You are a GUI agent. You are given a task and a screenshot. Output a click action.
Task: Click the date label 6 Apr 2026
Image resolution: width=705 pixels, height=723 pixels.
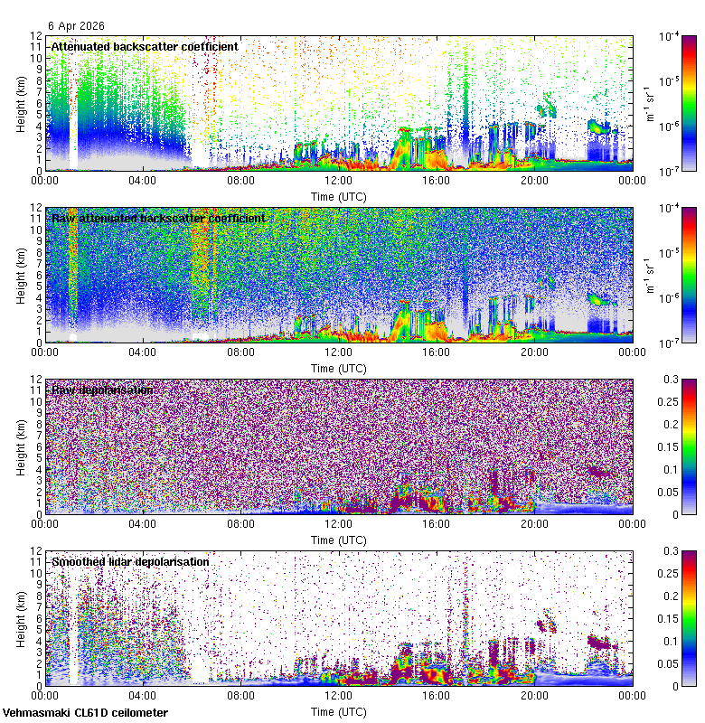click(x=78, y=26)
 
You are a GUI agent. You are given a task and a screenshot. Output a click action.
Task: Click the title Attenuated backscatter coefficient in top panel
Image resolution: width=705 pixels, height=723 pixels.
click(x=145, y=46)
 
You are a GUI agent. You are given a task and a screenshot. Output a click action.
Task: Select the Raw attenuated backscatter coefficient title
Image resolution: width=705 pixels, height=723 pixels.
click(x=158, y=218)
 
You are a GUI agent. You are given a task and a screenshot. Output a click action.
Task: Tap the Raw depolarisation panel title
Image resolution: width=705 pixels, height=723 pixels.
click(x=102, y=390)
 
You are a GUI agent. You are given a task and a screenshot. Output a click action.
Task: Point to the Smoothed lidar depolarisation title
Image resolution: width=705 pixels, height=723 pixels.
click(x=130, y=561)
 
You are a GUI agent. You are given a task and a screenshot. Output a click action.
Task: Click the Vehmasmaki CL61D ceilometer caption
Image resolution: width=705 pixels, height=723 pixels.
click(x=85, y=713)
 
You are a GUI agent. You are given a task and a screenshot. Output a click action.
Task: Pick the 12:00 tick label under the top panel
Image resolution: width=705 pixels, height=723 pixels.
click(x=338, y=180)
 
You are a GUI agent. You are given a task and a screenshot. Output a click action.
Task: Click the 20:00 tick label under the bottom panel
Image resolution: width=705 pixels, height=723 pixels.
click(x=534, y=695)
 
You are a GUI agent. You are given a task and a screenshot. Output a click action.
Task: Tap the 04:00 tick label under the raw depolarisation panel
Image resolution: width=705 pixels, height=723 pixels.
click(x=143, y=523)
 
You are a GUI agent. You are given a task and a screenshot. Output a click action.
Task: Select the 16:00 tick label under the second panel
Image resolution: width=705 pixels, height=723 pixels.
click(x=436, y=352)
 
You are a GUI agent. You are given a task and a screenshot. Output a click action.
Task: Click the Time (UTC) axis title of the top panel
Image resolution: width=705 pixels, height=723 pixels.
click(x=338, y=196)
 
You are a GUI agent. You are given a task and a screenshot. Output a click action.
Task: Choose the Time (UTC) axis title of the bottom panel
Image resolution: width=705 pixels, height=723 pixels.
click(x=338, y=711)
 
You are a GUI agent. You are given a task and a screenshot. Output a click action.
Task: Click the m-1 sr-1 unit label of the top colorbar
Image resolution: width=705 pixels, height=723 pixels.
click(x=653, y=103)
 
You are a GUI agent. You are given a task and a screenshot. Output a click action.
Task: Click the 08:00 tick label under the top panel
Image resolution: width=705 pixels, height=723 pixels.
click(x=240, y=180)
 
